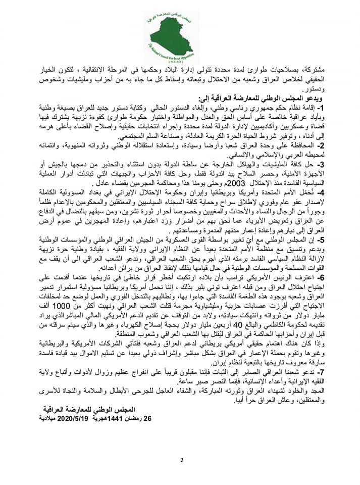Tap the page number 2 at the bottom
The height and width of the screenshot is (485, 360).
pos(181,460)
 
